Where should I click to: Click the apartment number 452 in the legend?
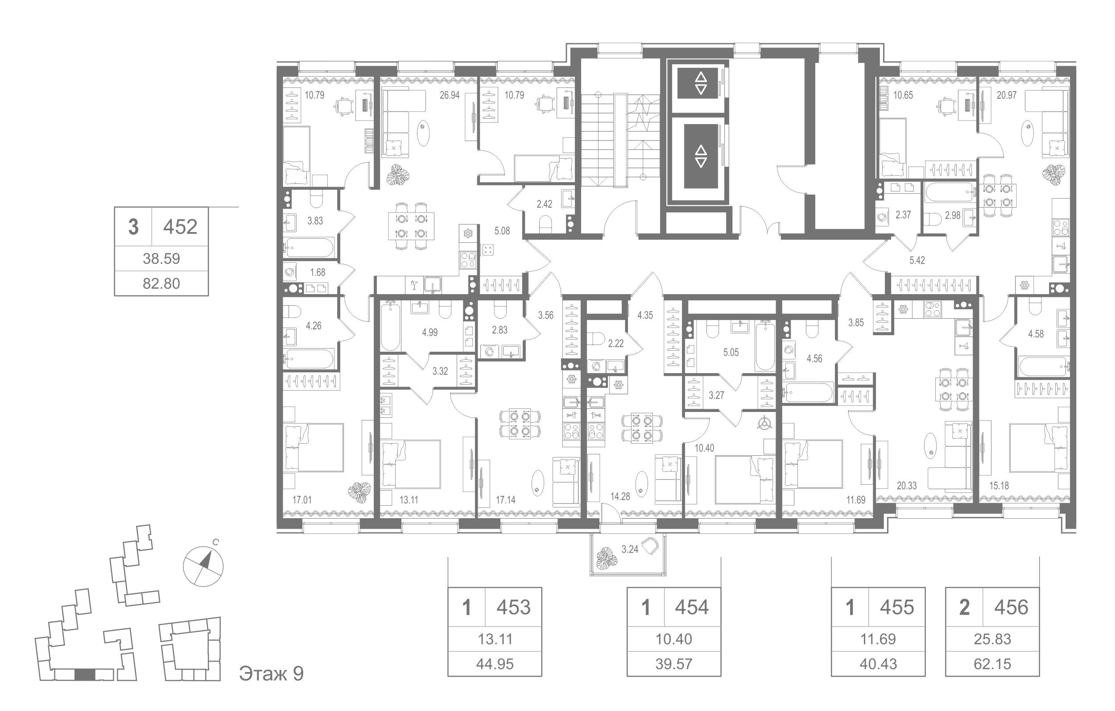coord(180,227)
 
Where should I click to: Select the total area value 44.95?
coord(495,664)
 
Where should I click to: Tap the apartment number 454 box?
coord(692,607)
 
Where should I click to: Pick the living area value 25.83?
coord(992,639)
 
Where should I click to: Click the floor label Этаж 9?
coord(271,674)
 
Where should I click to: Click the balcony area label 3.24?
coord(630,550)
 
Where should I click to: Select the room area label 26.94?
coord(450,96)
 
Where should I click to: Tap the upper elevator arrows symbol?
coord(701,83)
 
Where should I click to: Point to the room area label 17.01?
coord(302,500)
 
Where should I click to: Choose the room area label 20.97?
coord(1007,96)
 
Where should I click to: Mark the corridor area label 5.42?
coord(917,261)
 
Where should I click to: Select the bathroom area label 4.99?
coord(429,333)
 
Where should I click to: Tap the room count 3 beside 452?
coord(133,227)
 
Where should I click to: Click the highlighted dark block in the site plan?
coord(84,675)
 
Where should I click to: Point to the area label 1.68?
coord(318,273)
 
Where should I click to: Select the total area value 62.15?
coord(993,664)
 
